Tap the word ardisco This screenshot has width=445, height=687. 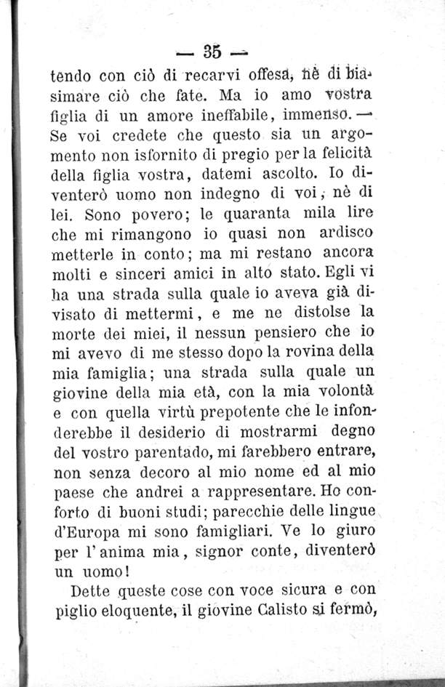click(346, 234)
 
